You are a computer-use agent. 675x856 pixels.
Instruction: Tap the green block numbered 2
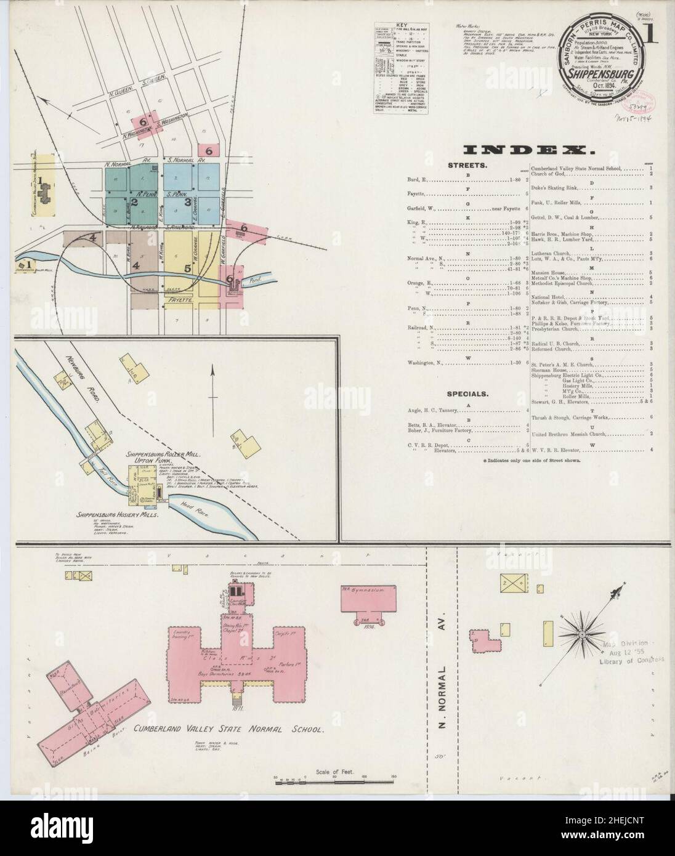[x=133, y=200]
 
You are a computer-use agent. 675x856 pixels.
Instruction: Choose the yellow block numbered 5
[x=188, y=268]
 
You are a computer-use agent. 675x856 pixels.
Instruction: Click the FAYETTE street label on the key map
[x=179, y=302]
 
